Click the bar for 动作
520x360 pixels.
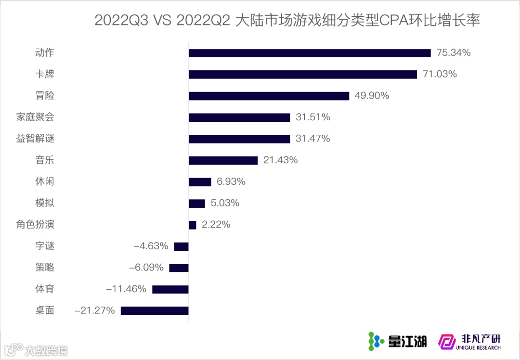[310, 53]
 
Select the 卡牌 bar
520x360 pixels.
[303, 74]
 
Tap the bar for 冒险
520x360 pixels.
[269, 96]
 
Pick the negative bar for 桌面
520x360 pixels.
[155, 310]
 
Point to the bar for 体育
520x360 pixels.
[170, 289]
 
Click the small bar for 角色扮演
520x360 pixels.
[193, 225]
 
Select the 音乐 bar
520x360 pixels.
[223, 160]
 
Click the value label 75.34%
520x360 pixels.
[453, 53]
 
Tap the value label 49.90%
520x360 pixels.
[372, 96]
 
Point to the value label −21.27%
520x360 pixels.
[95, 310]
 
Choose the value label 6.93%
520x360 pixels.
[231, 182]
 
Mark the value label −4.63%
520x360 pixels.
[151, 246]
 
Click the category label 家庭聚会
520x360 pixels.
[35, 117]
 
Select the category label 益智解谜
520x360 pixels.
[35, 139]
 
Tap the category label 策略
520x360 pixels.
[45, 268]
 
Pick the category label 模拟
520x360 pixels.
[45, 203]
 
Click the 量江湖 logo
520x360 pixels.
[397, 341]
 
